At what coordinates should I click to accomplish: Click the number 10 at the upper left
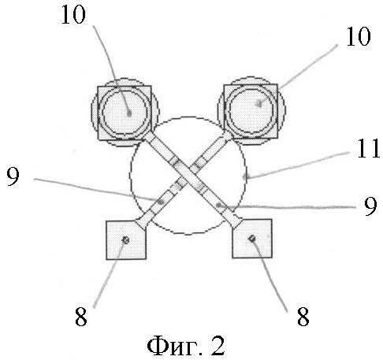click(73, 15)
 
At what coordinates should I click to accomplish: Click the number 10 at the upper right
click(359, 37)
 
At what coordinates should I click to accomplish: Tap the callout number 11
click(368, 148)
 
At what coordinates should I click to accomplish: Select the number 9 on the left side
click(13, 176)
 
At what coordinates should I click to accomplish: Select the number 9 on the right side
click(370, 206)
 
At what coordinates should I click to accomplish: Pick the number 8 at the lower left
click(81, 317)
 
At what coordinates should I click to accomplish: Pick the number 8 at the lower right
click(303, 317)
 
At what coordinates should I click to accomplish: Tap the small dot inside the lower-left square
click(126, 239)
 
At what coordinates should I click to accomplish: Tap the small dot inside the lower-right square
click(252, 239)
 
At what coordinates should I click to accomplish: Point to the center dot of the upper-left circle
click(129, 113)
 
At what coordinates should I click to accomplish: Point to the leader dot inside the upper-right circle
click(259, 104)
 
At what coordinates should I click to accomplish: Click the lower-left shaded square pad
click(126, 240)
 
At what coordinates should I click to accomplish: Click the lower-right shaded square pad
click(252, 239)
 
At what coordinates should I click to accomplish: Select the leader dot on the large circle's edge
click(245, 177)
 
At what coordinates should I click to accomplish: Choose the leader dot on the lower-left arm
click(161, 202)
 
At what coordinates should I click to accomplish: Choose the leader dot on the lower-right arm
click(218, 205)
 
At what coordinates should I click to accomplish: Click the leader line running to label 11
click(298, 164)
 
